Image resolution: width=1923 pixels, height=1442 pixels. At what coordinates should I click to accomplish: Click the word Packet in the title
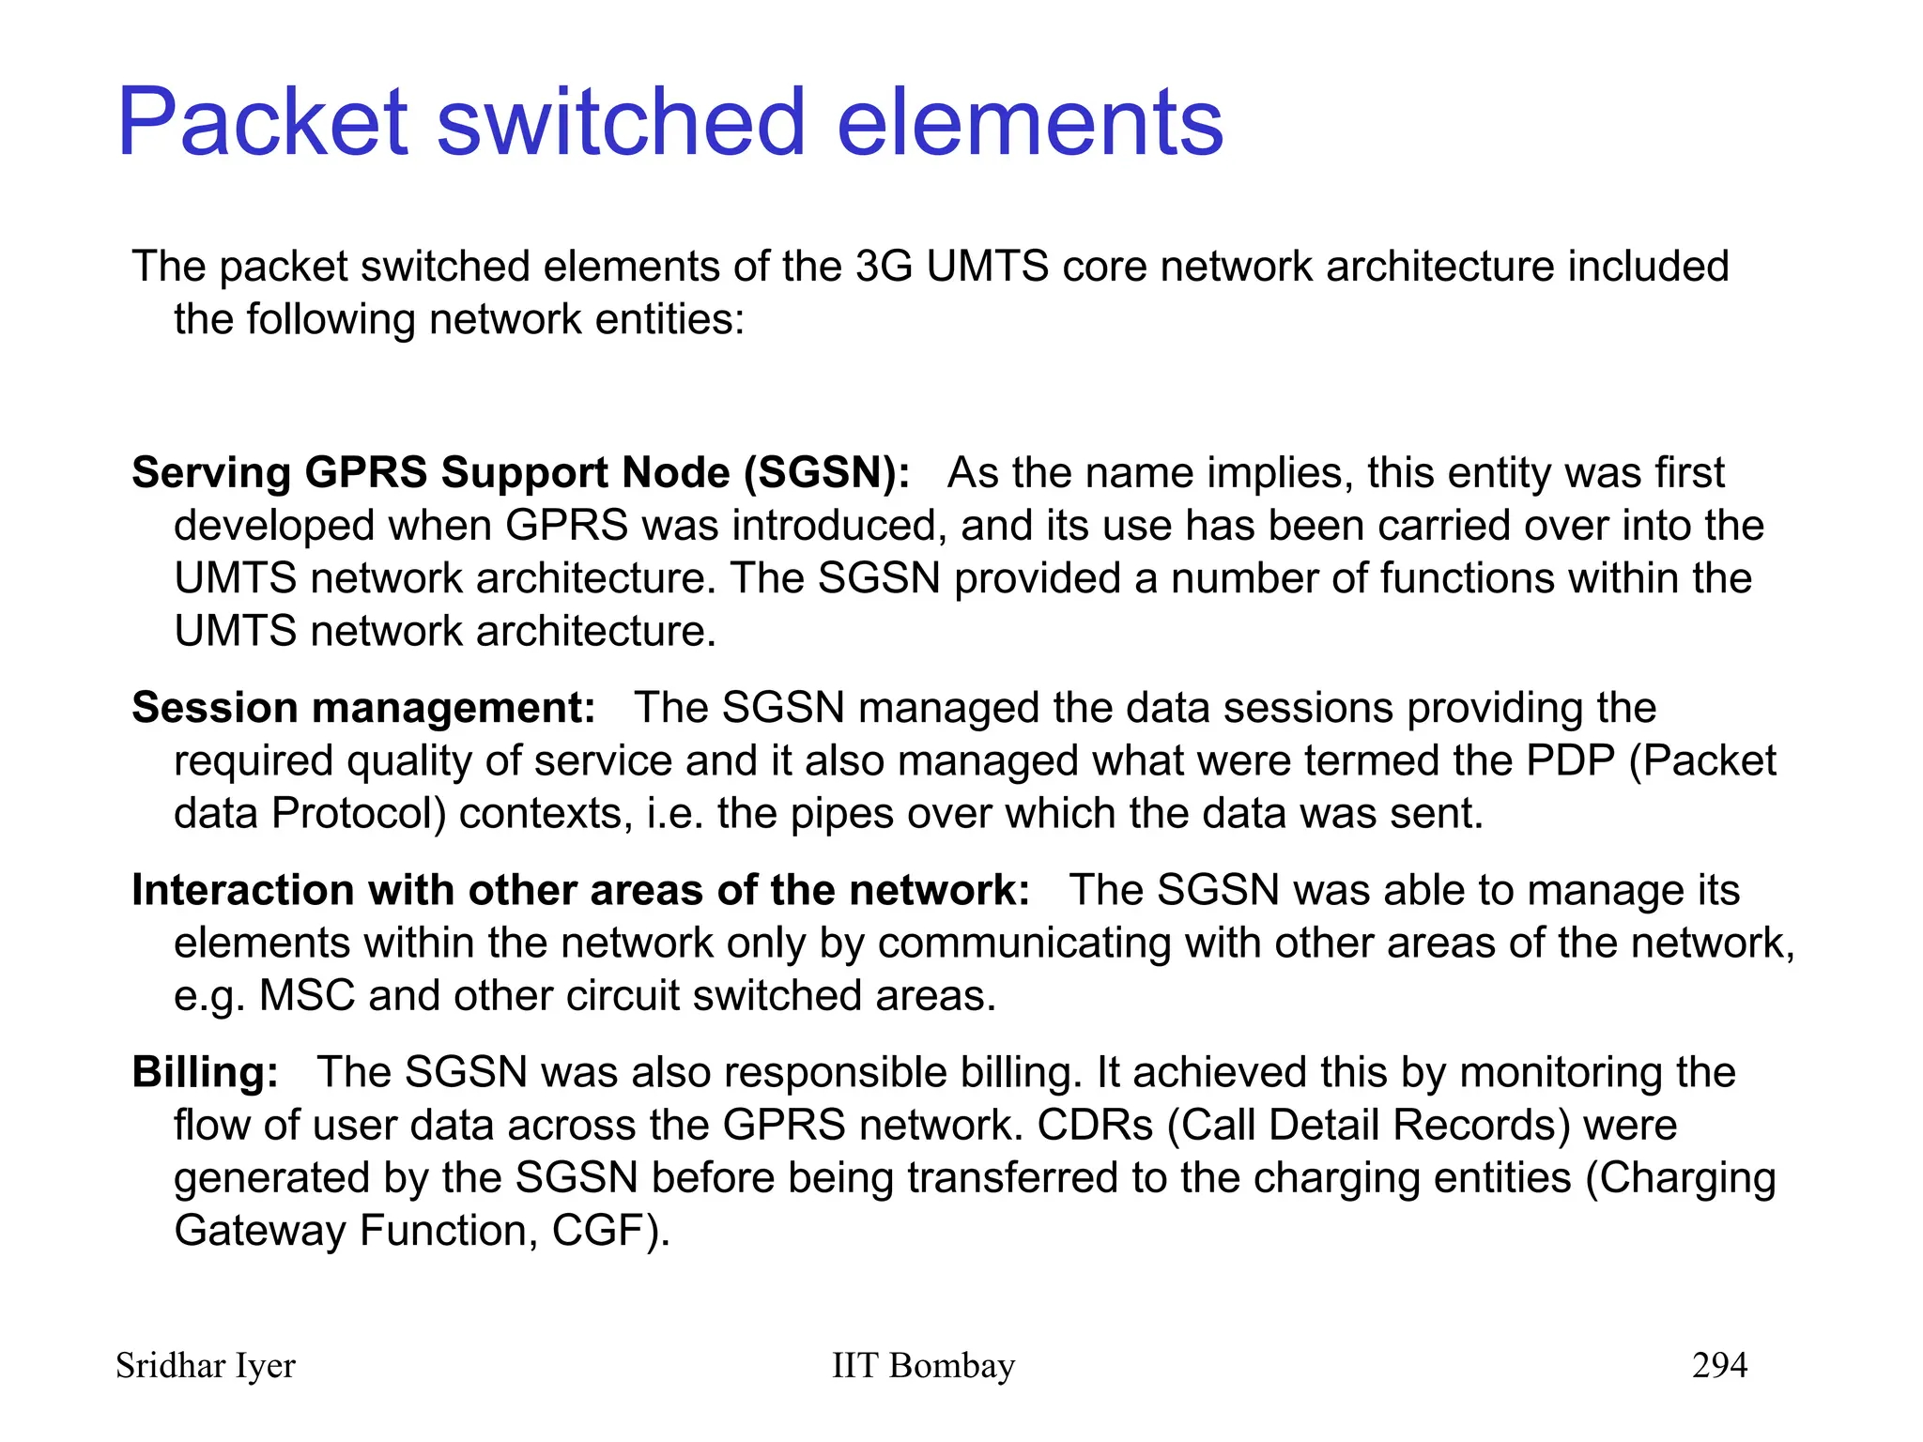[x=263, y=122]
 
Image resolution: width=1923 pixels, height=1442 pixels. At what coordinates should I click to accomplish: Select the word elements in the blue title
[x=1029, y=122]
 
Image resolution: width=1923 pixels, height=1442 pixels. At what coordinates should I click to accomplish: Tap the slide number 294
[x=1719, y=1365]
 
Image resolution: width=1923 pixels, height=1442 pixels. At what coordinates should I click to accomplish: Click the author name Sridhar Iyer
[x=206, y=1366]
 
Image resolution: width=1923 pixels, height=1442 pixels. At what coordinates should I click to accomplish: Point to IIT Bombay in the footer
[x=923, y=1366]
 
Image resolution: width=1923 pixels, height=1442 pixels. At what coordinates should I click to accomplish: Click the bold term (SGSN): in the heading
[x=826, y=472]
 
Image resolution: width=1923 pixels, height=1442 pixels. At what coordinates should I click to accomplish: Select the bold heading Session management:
[x=363, y=707]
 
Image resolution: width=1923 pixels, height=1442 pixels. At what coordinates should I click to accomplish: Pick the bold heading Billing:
[x=205, y=1072]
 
